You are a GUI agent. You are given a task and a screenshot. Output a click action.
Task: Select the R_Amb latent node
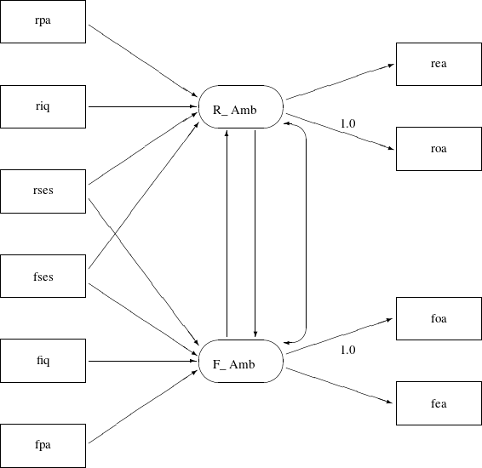coord(241,107)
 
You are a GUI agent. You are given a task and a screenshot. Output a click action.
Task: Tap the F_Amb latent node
coord(241,362)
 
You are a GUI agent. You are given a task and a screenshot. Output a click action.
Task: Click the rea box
coord(439,64)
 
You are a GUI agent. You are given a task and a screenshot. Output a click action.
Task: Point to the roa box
coord(439,149)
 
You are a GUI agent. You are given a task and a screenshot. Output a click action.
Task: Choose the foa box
coord(439,319)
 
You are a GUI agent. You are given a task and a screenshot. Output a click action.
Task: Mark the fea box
coord(439,403)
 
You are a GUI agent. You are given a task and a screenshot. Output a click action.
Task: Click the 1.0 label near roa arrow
coord(347,124)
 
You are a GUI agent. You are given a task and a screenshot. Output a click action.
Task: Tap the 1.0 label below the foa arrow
coord(347,350)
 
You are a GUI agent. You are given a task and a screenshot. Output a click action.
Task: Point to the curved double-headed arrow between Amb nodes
coord(305,234)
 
